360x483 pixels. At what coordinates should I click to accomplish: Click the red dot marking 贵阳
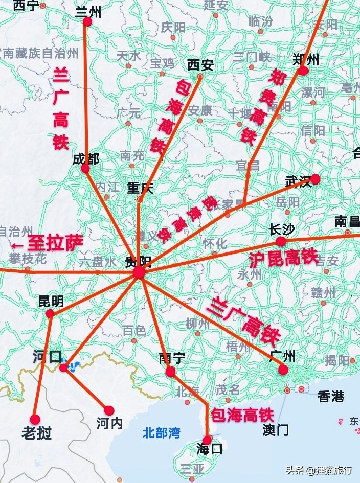[x=140, y=273]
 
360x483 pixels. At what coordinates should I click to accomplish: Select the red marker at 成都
[x=85, y=168]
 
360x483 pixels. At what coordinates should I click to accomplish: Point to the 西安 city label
[x=200, y=65]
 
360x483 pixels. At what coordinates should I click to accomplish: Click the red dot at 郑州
[x=303, y=70]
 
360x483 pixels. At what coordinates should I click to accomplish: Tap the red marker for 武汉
[x=315, y=179]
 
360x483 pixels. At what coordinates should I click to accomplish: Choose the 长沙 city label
[x=282, y=229]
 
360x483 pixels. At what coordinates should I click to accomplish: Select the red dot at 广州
[x=283, y=370]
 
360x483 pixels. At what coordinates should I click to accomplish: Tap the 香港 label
[x=331, y=396]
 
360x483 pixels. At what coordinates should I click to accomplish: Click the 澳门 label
[x=276, y=429]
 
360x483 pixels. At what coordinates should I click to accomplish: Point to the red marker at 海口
[x=207, y=440]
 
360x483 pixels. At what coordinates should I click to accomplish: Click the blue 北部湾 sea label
[x=162, y=433]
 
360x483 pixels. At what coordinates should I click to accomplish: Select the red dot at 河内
[x=109, y=410]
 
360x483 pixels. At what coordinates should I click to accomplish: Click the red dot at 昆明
[x=50, y=313]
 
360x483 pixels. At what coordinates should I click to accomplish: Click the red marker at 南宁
[x=170, y=372]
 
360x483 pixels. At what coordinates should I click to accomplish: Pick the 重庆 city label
[x=140, y=188]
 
